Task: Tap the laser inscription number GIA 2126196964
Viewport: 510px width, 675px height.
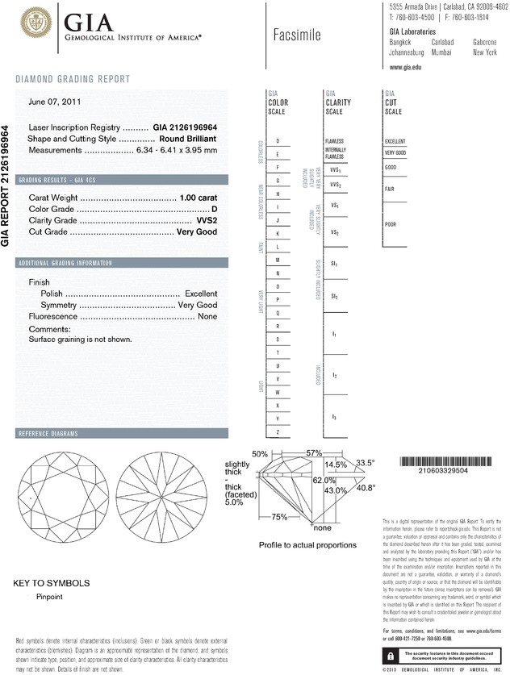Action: (185, 128)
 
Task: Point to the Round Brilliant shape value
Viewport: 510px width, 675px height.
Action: (188, 139)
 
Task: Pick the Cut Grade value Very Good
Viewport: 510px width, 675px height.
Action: (197, 231)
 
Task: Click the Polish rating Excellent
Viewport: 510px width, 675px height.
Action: (201, 294)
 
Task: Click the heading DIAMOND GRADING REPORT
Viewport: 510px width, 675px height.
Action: (73, 79)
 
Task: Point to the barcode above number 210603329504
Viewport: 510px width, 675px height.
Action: (444, 462)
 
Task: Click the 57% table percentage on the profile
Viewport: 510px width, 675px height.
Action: (314, 453)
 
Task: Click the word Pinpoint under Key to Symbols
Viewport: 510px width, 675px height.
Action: (50, 597)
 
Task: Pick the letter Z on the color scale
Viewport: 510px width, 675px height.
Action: (278, 433)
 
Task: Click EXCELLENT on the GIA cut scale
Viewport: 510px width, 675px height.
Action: (396, 141)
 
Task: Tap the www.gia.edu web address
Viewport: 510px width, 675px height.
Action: (407, 67)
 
